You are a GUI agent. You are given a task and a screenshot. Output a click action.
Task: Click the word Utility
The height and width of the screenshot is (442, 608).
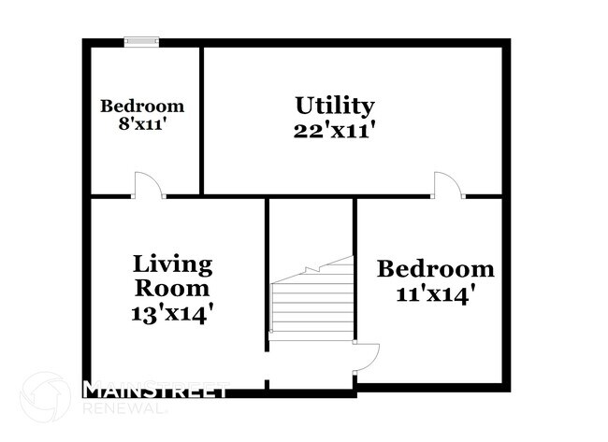[335, 106]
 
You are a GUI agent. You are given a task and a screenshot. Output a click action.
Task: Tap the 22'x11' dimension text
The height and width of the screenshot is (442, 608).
[335, 130]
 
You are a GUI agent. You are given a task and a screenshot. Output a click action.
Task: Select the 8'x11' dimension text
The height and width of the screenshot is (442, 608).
[142, 124]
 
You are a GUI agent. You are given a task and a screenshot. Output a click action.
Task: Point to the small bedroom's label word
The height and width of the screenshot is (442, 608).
[142, 106]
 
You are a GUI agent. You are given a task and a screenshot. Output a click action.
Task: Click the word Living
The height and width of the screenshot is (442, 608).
[172, 264]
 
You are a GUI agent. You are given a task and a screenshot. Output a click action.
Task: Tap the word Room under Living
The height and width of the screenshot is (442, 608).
[172, 288]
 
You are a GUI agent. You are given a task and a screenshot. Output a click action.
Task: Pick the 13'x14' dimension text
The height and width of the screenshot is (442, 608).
[172, 312]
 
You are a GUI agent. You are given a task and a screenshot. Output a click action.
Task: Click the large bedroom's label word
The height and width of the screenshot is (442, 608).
[435, 269]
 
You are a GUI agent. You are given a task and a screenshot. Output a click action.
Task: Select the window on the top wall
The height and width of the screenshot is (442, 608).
[142, 40]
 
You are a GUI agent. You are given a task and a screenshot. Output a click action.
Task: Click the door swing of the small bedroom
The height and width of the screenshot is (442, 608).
[148, 185]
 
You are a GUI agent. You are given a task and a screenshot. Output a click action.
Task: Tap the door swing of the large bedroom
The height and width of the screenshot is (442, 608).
[448, 185]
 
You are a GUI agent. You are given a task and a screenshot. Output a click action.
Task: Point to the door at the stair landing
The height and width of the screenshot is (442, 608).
[367, 357]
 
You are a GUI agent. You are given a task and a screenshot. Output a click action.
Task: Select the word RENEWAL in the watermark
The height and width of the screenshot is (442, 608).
[125, 408]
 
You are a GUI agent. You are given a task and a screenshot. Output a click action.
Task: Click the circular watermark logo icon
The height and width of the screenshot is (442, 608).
[45, 397]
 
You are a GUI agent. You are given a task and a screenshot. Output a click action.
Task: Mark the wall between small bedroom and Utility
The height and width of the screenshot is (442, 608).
[201, 119]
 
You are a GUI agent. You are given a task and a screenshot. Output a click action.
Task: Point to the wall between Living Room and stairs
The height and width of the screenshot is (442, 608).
[268, 280]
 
